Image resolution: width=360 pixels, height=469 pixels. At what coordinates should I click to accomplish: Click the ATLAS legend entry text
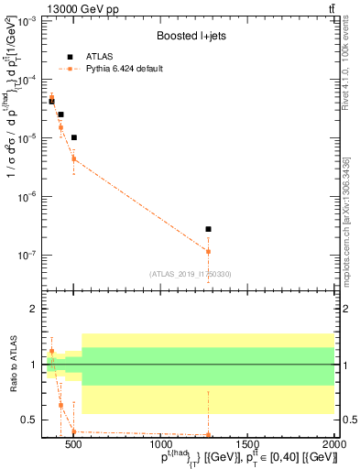click(x=101, y=56)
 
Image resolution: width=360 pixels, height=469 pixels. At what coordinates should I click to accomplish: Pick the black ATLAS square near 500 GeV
click(x=73, y=137)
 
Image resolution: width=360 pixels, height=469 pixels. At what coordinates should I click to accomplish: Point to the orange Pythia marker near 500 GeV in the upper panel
click(x=73, y=158)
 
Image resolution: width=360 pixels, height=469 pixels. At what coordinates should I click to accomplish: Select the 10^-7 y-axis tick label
click(x=27, y=256)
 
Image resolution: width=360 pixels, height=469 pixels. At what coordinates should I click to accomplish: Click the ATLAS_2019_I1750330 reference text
click(x=191, y=273)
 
